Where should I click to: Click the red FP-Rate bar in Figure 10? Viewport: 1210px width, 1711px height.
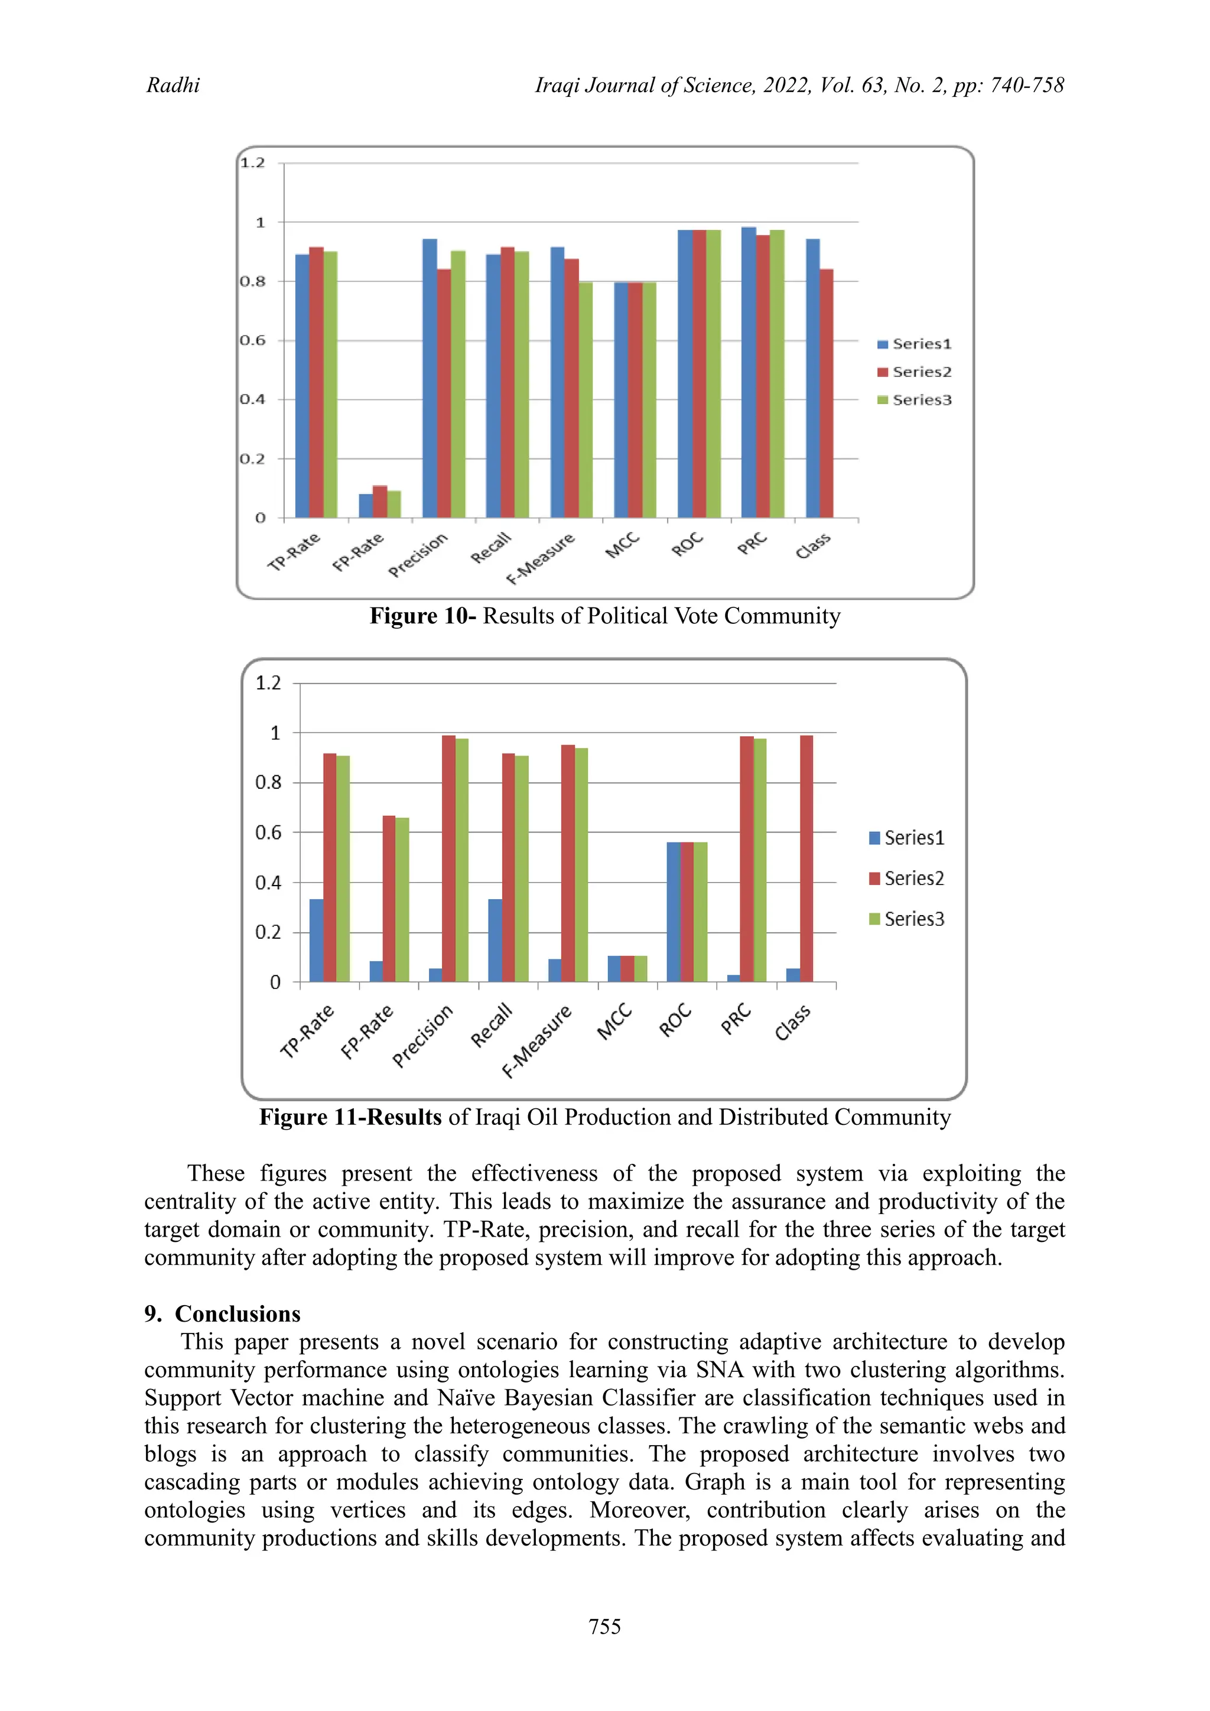coord(380,502)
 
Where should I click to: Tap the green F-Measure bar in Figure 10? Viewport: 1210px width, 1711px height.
coord(586,400)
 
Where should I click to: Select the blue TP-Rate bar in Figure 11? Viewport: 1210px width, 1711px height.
coord(317,941)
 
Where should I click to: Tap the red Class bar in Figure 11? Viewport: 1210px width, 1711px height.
coord(806,858)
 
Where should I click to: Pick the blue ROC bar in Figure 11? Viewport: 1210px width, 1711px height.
coord(674,912)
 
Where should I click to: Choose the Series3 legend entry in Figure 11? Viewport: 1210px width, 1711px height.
coord(907,919)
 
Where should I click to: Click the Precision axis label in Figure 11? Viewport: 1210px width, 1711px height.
coord(422,1036)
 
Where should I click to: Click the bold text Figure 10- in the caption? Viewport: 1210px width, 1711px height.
coord(423,616)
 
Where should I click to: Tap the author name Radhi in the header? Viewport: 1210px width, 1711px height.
coord(173,86)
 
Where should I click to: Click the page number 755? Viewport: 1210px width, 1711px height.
coord(604,1627)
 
